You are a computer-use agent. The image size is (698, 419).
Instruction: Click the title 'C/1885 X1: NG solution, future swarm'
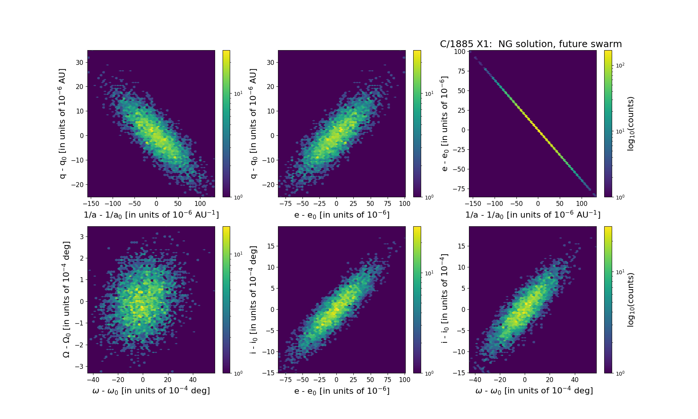click(x=531, y=44)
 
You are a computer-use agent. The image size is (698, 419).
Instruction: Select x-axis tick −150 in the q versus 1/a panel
click(x=91, y=204)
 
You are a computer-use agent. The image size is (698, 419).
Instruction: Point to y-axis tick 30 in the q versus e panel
click(x=270, y=62)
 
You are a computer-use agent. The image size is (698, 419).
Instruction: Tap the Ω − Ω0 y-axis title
click(x=66, y=299)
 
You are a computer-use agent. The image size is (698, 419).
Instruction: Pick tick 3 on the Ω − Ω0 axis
click(x=81, y=237)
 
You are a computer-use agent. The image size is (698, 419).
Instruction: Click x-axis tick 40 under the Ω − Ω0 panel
click(x=192, y=380)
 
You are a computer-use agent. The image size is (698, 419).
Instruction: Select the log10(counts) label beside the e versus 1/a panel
click(x=631, y=124)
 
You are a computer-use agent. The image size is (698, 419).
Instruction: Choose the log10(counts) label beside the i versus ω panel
click(x=631, y=300)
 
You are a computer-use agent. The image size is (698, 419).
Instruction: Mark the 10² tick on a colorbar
click(x=620, y=66)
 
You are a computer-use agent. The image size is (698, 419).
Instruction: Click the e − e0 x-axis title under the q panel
click(x=342, y=215)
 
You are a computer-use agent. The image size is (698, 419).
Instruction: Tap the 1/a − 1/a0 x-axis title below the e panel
click(x=533, y=215)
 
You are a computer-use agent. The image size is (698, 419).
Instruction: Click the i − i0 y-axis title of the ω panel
click(x=445, y=298)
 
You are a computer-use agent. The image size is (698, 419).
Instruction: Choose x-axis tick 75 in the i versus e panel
click(x=388, y=380)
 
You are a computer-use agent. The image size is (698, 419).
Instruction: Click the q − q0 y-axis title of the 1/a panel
click(x=63, y=123)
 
